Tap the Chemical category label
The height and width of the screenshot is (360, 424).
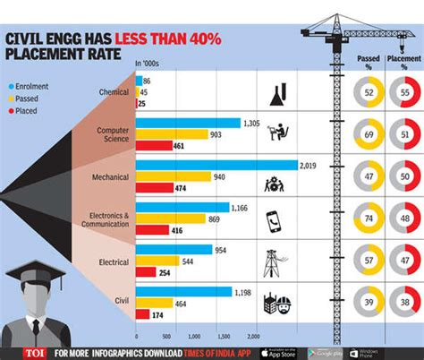(114, 92)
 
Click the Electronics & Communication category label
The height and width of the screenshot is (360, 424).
(106, 220)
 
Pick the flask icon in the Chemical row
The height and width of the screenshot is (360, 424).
(276, 91)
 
